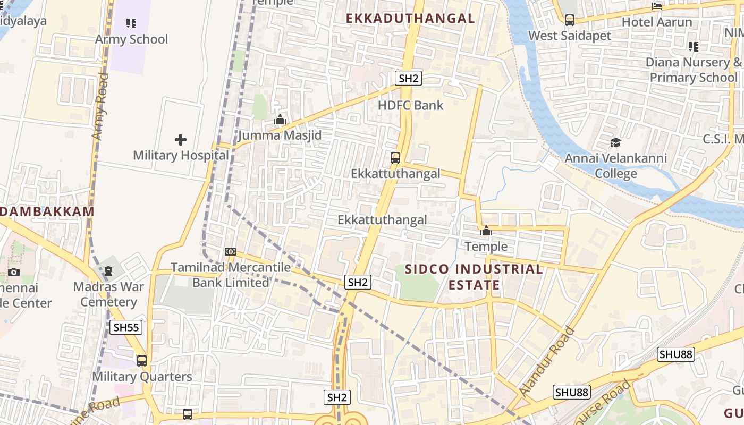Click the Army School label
pyautogui.click(x=131, y=39)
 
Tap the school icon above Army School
pyautogui.click(x=131, y=23)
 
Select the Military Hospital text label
pyautogui.click(x=181, y=156)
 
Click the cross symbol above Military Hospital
pyautogui.click(x=181, y=140)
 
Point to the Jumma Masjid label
pyautogui.click(x=280, y=135)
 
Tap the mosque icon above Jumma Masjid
pyautogui.click(x=280, y=120)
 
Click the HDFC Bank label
pyautogui.click(x=410, y=105)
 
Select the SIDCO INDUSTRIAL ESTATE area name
pyautogui.click(x=474, y=277)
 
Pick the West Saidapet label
pyautogui.click(x=570, y=36)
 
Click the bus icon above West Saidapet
pyautogui.click(x=570, y=21)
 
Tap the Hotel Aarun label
pyautogui.click(x=657, y=22)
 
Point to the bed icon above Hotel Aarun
pyautogui.click(x=657, y=6)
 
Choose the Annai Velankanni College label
pyautogui.click(x=615, y=166)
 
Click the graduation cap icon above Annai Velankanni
pyautogui.click(x=615, y=142)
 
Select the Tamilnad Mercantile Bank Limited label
pyautogui.click(x=231, y=275)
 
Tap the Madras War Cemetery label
pyautogui.click(x=108, y=294)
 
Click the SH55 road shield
pyautogui.click(x=126, y=327)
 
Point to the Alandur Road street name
pyautogui.click(x=547, y=361)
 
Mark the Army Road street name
pyautogui.click(x=100, y=107)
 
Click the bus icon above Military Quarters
pyautogui.click(x=142, y=361)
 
